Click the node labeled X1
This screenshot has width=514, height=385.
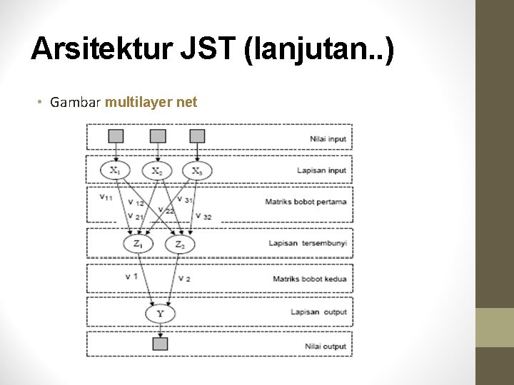click(x=116, y=170)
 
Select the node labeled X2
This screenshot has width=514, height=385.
click(x=157, y=171)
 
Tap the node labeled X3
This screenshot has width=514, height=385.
click(x=196, y=171)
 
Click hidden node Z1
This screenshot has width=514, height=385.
click(x=138, y=244)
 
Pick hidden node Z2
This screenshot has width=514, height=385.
click(x=179, y=245)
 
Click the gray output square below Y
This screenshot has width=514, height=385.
click(x=160, y=344)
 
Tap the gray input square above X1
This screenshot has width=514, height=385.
click(x=116, y=135)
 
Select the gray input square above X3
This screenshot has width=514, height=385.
click(x=197, y=135)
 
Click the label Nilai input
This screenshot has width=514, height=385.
click(x=328, y=138)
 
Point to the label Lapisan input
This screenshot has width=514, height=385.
click(x=321, y=170)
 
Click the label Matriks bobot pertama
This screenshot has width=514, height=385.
click(x=306, y=202)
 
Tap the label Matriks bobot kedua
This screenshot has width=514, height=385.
click(x=309, y=278)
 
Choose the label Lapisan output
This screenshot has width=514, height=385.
click(x=318, y=312)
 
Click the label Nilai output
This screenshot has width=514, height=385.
click(x=325, y=346)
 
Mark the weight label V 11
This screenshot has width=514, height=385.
click(x=106, y=197)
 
